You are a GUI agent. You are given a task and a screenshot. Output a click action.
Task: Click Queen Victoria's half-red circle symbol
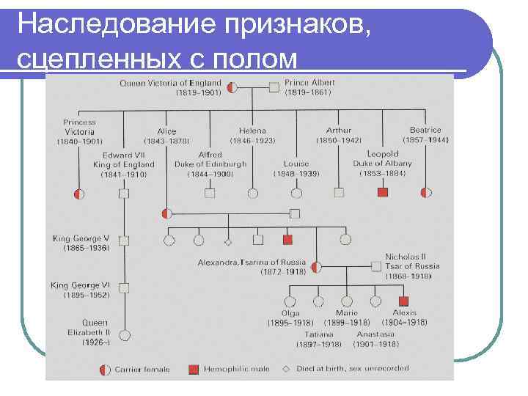click(x=232, y=87)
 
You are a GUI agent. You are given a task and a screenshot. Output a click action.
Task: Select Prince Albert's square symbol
click(x=274, y=87)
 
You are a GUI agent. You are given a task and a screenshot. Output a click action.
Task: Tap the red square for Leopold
click(x=382, y=193)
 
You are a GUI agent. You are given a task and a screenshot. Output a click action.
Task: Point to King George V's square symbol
click(x=124, y=241)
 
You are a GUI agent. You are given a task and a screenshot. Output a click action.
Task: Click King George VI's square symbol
click(x=124, y=287)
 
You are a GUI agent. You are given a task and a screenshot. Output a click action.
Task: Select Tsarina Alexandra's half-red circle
click(x=316, y=266)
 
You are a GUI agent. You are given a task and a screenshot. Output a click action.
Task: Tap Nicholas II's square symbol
click(x=375, y=266)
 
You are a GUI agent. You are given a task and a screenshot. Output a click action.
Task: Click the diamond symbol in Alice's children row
click(x=228, y=241)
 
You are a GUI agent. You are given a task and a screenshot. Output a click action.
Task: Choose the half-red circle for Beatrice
click(x=426, y=193)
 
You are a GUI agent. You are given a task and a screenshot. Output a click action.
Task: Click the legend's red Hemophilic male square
click(x=194, y=370)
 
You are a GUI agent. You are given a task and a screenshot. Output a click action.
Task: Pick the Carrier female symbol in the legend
click(x=104, y=370)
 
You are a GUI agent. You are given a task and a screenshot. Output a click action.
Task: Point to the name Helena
click(x=252, y=131)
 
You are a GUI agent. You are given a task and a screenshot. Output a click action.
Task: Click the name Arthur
click(x=339, y=131)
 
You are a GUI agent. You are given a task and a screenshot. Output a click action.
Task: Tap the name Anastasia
click(x=375, y=334)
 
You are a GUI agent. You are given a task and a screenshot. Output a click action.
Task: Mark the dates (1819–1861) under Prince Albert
click(x=308, y=92)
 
